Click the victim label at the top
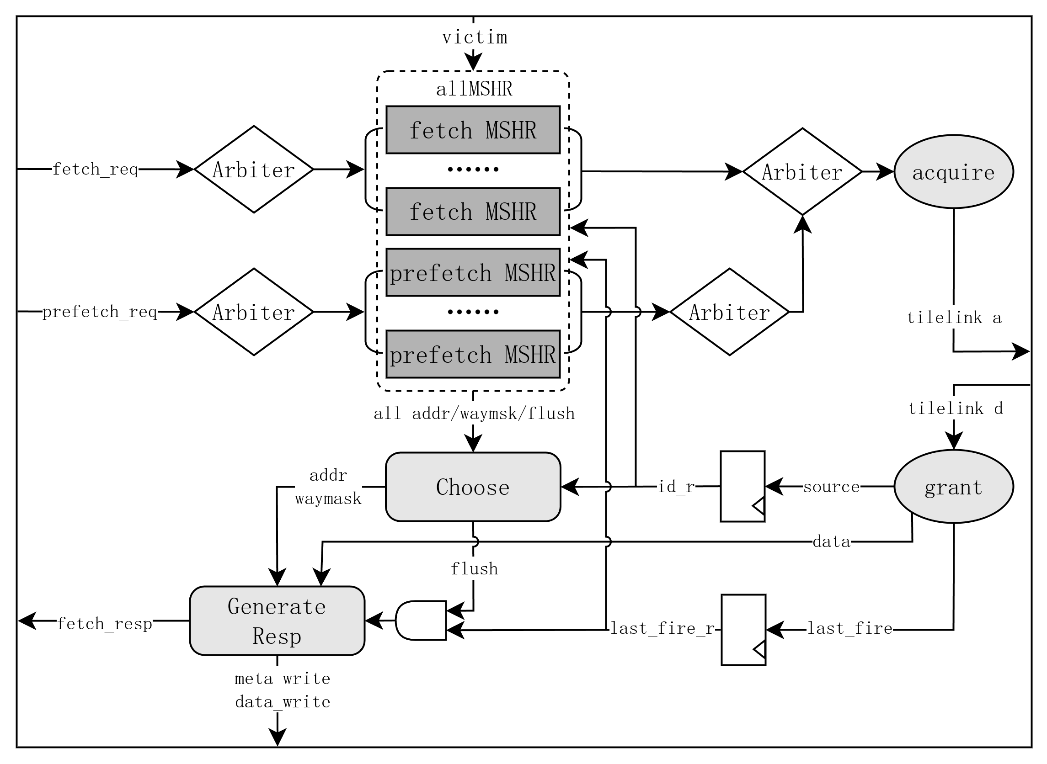tap(474, 37)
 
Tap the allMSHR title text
tap(474, 89)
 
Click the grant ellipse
tap(954, 487)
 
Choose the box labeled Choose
tap(473, 487)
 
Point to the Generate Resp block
tap(277, 621)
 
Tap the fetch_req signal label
tap(95, 169)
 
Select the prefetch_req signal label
tap(100, 312)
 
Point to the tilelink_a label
tap(954, 318)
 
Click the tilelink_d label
tap(956, 409)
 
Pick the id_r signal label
tap(676, 487)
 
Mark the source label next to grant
tap(831, 487)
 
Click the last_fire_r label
tap(662, 628)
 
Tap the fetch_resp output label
tap(105, 624)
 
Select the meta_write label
tap(282, 679)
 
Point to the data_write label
tap(282, 702)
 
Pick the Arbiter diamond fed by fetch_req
tap(254, 170)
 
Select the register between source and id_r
tap(743, 487)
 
